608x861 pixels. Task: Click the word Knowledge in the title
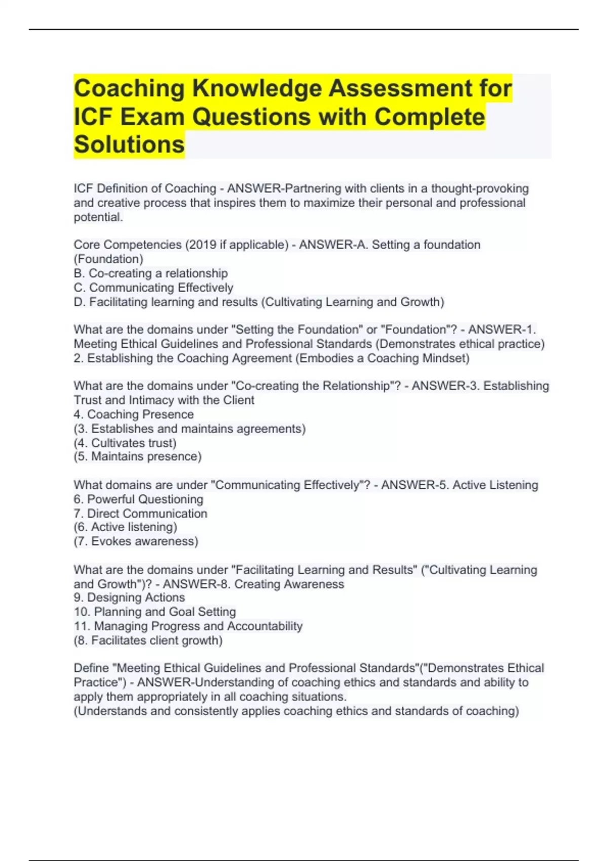(256, 88)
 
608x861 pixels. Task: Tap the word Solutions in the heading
(129, 144)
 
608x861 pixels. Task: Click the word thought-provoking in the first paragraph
(479, 188)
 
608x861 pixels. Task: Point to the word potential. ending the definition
(98, 217)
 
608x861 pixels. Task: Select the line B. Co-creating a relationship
(150, 273)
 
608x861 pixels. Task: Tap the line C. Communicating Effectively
(153, 288)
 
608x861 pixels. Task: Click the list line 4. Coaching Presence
(134, 414)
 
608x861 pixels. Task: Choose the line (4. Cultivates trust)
(125, 443)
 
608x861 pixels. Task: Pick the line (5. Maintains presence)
(137, 456)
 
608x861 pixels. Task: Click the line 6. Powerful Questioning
(138, 499)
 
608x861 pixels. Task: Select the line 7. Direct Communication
(140, 514)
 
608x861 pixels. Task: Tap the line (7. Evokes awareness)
(136, 541)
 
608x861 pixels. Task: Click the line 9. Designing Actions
(129, 598)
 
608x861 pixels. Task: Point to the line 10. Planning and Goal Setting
(155, 612)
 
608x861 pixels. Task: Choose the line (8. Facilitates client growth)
(148, 640)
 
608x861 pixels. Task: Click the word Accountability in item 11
(264, 626)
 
